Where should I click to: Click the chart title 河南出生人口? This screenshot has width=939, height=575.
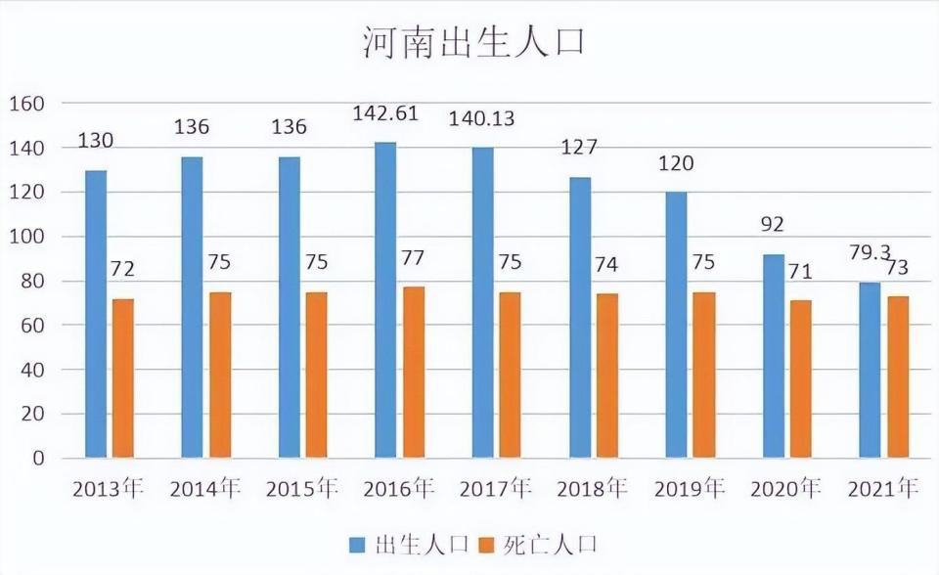tap(473, 42)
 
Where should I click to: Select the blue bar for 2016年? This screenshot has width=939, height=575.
tap(385, 300)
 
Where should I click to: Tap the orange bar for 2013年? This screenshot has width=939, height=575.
tap(123, 378)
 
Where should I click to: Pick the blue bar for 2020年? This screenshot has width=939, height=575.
tap(773, 356)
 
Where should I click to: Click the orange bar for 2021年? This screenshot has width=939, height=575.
tap(898, 377)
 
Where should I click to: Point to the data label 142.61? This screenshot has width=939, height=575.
tap(385, 113)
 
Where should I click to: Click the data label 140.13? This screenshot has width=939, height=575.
tap(481, 118)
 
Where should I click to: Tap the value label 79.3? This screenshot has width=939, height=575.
tap(870, 252)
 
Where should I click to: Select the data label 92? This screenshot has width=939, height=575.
tap(773, 225)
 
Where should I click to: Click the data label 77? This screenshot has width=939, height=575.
tap(413, 257)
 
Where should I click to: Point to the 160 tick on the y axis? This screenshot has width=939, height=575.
tap(26, 104)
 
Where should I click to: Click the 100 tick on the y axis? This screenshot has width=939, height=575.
tap(26, 237)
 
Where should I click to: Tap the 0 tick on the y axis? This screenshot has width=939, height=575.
tap(38, 459)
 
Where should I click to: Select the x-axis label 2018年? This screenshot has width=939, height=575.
tap(593, 489)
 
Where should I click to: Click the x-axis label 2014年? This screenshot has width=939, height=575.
tap(204, 489)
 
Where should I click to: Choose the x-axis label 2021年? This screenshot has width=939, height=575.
tap(882, 489)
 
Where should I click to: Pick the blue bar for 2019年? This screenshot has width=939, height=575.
tap(677, 326)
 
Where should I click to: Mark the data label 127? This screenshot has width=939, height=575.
tap(579, 148)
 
